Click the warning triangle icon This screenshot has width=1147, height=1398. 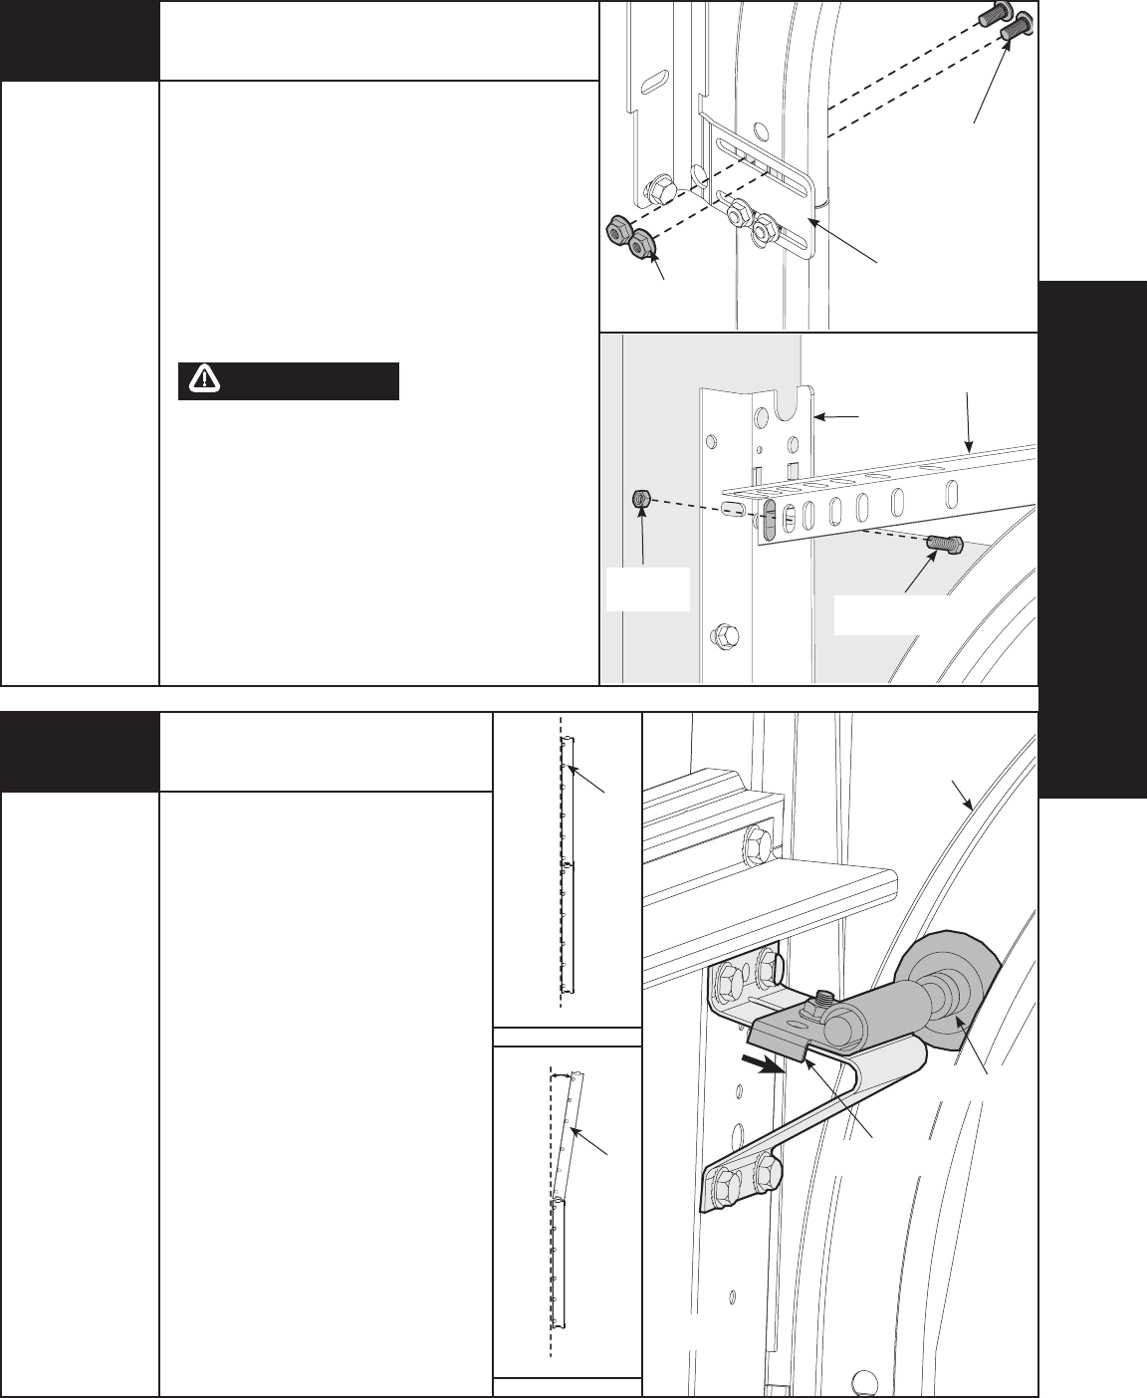203,379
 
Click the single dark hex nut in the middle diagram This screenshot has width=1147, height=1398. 642,498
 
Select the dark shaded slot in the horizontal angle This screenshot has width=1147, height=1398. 772,521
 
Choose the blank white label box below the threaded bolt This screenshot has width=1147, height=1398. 886,615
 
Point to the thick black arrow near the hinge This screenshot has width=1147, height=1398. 762,1064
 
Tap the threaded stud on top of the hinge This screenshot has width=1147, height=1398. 826,996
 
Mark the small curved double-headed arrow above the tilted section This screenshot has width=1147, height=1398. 564,1075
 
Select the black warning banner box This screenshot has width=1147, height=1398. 289,380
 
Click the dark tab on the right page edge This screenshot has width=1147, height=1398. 1092,538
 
